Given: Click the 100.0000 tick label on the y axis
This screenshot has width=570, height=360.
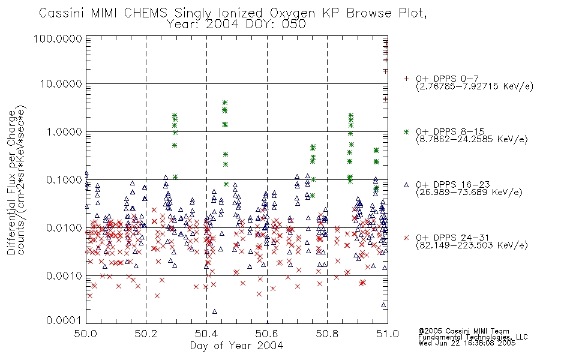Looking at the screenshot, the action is pyautogui.click(x=58, y=38).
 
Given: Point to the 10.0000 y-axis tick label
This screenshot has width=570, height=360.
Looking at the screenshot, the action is pyautogui.click(x=61, y=84).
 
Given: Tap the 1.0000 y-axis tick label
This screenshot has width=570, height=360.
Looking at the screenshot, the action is pyautogui.click(x=64, y=131).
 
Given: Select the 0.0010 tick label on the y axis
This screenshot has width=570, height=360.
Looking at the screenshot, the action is pyautogui.click(x=64, y=275).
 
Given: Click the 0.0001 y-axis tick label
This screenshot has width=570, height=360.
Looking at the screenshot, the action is pyautogui.click(x=64, y=320).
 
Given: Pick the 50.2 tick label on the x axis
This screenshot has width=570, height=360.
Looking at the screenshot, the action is pyautogui.click(x=146, y=334).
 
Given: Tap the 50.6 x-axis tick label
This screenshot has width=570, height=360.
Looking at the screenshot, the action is pyautogui.click(x=267, y=334).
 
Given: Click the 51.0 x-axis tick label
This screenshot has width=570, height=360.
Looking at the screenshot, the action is pyautogui.click(x=388, y=334).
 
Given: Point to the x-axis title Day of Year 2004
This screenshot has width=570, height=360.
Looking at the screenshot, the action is pyautogui.click(x=236, y=346).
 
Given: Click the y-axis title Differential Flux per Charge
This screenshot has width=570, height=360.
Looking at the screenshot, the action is pyautogui.click(x=11, y=182).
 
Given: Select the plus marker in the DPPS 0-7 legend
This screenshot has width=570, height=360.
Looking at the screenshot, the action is pyautogui.click(x=406, y=79).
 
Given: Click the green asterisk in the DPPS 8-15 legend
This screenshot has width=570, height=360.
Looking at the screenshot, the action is pyautogui.click(x=406, y=131).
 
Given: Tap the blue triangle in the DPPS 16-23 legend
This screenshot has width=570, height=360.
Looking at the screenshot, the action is pyautogui.click(x=406, y=185).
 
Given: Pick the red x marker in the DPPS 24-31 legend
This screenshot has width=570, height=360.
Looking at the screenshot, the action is pyautogui.click(x=406, y=238).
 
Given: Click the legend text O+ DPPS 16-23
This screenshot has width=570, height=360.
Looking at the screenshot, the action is pyautogui.click(x=453, y=185).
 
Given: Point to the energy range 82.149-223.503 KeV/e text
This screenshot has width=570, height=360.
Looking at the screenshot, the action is pyautogui.click(x=472, y=245).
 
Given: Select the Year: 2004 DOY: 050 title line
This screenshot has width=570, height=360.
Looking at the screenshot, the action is pyautogui.click(x=236, y=24).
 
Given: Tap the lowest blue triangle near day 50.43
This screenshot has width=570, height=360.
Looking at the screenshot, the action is pyautogui.click(x=214, y=311).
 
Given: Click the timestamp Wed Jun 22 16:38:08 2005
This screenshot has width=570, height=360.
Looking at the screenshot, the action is pyautogui.click(x=467, y=343).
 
